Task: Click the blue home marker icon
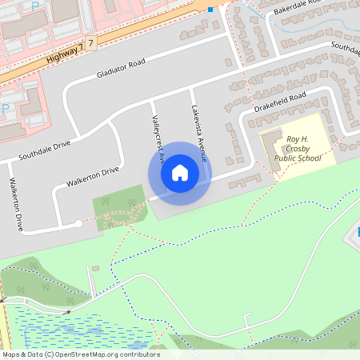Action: [x=179, y=173]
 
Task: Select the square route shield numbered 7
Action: [x=92, y=41]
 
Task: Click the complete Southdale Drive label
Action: [x=45, y=150]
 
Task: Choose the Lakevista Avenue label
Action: [x=199, y=134]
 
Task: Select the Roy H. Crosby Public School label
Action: [x=298, y=149]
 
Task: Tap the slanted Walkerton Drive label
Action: [x=92, y=177]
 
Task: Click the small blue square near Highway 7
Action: [x=210, y=10]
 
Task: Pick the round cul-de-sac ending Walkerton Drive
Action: [x=78, y=223]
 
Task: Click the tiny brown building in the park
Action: [x=95, y=268]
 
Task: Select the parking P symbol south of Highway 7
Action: [x=6, y=106]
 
